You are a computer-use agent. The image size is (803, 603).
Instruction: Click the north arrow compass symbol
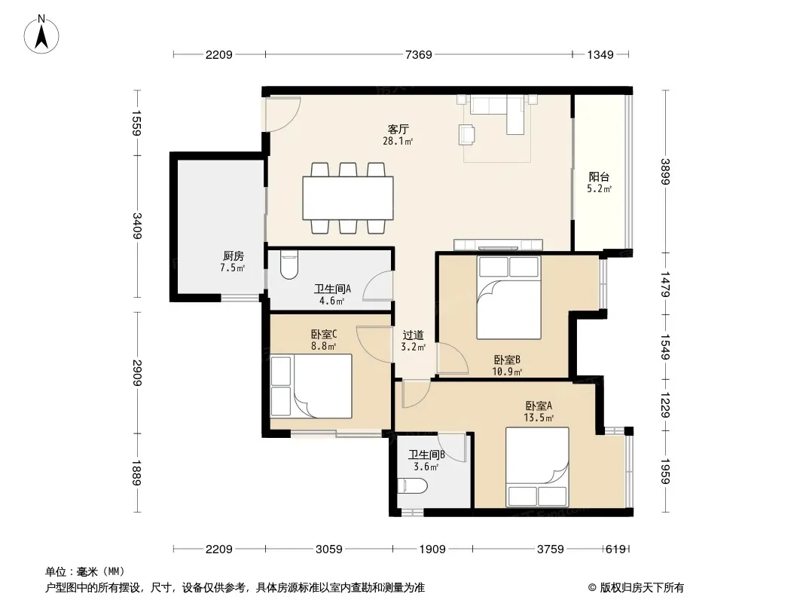(41, 34)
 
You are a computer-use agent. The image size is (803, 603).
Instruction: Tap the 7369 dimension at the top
(418, 54)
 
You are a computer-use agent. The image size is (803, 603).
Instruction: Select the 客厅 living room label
(398, 129)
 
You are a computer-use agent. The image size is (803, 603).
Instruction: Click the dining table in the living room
(348, 197)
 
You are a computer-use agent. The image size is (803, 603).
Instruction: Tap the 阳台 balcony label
(599, 177)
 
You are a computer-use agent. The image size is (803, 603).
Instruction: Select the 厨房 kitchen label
(233, 256)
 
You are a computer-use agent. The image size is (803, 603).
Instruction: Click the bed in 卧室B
(508, 297)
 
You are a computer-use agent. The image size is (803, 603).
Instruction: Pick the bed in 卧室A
(537, 467)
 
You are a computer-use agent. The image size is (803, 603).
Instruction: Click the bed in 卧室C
(311, 386)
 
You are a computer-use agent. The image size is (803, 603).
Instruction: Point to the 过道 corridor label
(413, 335)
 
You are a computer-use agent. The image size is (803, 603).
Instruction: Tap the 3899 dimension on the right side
(665, 171)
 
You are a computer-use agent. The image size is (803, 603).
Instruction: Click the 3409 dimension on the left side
(137, 225)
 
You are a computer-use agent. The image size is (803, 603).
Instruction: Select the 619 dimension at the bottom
(615, 549)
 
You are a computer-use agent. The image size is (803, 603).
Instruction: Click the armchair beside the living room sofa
(467, 133)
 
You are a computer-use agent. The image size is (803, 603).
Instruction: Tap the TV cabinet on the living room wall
(498, 244)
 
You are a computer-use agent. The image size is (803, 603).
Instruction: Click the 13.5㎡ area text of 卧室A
(539, 418)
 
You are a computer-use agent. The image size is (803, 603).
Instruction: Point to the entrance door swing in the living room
(283, 114)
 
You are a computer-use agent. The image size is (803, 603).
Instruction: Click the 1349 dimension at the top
(600, 54)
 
